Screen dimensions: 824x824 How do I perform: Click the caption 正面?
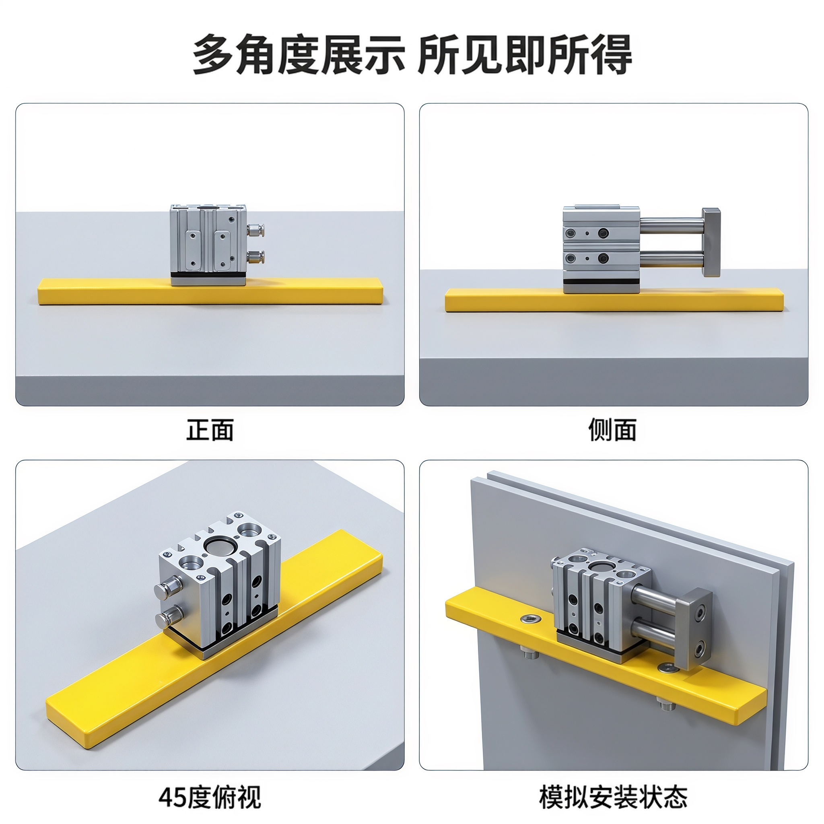tap(210, 430)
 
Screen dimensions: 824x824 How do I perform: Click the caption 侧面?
tap(612, 430)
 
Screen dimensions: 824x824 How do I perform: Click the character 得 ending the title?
tap(611, 55)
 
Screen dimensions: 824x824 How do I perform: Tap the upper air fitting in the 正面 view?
tap(255, 230)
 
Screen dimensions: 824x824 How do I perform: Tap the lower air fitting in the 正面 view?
tap(255, 257)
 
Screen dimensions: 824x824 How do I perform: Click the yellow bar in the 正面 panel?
tap(211, 291)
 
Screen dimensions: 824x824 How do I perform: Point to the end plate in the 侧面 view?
tap(711, 242)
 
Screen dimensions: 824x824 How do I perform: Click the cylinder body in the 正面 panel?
tap(208, 243)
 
